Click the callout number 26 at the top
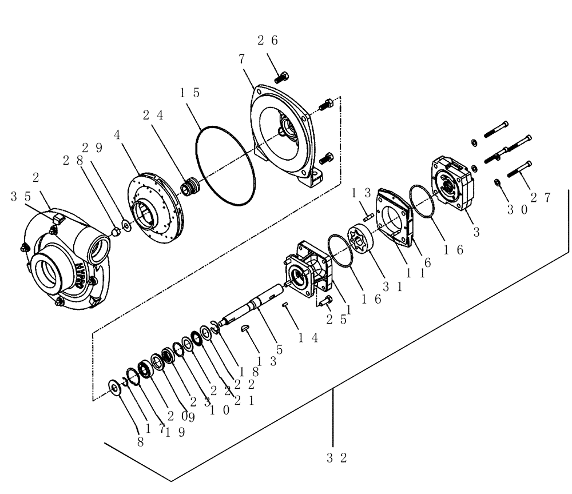267,40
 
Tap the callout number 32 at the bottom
337,457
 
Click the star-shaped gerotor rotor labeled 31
359,238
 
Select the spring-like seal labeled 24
189,187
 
